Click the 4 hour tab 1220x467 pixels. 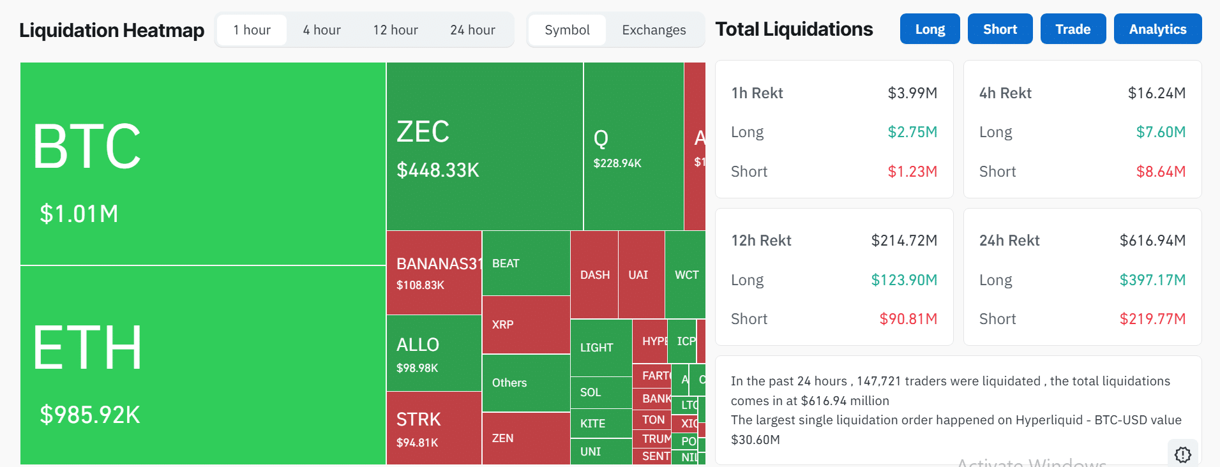[321, 30]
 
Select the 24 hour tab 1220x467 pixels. [472, 30]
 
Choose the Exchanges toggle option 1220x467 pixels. [654, 30]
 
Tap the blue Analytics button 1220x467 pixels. [1157, 29]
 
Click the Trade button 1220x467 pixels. [1073, 29]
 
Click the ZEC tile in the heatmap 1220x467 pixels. [484, 146]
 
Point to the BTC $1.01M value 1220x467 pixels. [79, 214]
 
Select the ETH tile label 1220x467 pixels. [87, 348]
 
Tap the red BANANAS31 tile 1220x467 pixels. [433, 273]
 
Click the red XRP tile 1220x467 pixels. [525, 325]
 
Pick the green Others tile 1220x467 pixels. [525, 383]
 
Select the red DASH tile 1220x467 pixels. [594, 275]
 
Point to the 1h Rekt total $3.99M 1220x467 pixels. [912, 93]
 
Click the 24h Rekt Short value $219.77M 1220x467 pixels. [1152, 319]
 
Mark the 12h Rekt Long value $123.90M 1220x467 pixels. [903, 280]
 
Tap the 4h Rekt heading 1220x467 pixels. [1005, 93]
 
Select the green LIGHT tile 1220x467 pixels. [600, 348]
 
